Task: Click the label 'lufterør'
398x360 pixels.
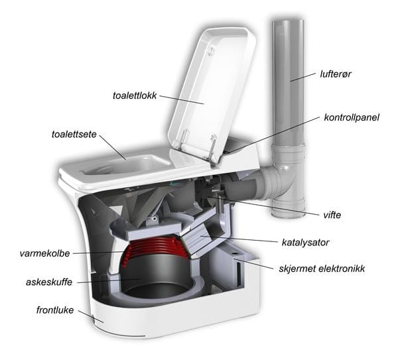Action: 335,74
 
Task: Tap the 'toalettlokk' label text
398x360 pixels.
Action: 135,95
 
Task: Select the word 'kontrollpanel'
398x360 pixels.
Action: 352,117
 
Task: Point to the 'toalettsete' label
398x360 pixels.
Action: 74,134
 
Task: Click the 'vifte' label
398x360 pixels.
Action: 332,215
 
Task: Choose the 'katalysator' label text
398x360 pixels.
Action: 305,242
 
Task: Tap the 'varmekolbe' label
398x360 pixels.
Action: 44,253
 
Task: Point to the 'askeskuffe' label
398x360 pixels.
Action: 49,282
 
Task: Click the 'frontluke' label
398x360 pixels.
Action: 55,310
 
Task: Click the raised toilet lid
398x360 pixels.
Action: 213,94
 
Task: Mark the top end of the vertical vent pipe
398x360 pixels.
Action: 288,23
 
